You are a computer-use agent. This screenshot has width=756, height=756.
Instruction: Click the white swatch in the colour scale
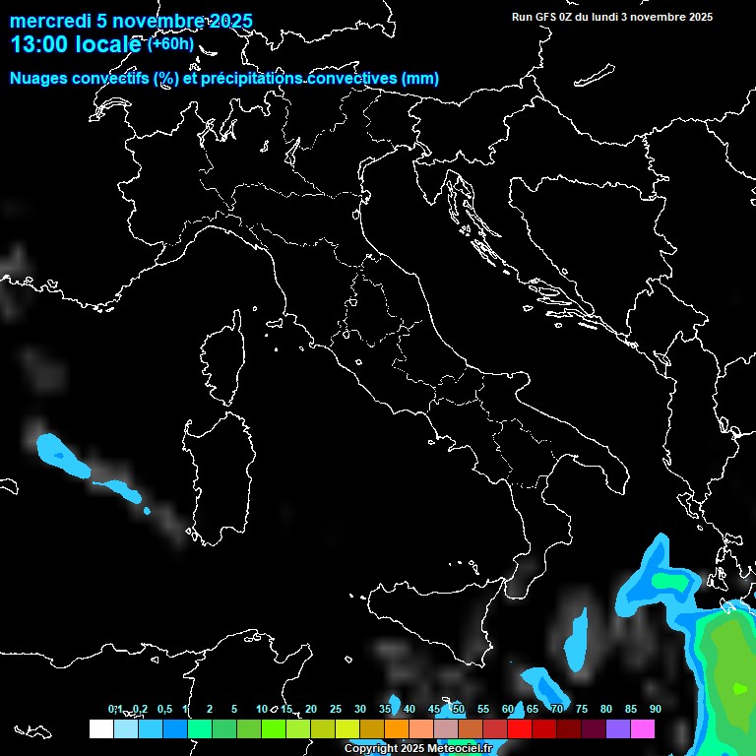pyautogui.click(x=100, y=729)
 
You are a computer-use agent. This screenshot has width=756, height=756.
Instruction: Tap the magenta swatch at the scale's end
pyautogui.click(x=643, y=729)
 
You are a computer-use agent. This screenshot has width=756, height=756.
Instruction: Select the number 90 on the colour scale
pyautogui.click(x=656, y=709)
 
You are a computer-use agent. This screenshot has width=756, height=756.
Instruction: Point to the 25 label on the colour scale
pyautogui.click(x=336, y=709)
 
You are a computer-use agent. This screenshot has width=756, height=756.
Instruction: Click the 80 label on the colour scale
pyautogui.click(x=606, y=709)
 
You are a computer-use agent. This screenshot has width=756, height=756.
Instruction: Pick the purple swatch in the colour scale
pyautogui.click(x=618, y=729)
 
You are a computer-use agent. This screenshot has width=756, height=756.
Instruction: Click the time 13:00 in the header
pyautogui.click(x=40, y=44)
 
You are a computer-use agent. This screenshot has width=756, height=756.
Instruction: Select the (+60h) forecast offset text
pyautogui.click(x=170, y=43)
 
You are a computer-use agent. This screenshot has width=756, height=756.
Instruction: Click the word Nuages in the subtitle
pyautogui.click(x=38, y=79)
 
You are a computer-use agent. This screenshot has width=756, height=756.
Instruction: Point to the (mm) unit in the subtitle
pyautogui.click(x=419, y=79)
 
